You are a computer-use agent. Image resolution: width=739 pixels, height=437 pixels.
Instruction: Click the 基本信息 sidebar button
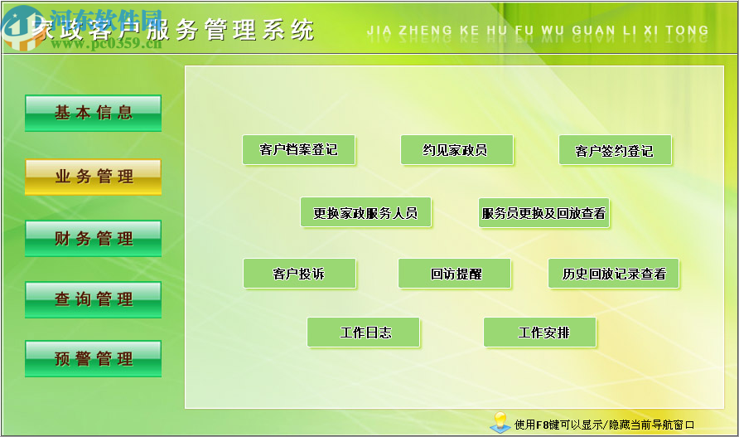[93, 113]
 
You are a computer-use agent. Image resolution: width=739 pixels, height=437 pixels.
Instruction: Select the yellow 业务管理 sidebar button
[93, 177]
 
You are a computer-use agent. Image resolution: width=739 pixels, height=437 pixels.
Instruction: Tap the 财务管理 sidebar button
[93, 239]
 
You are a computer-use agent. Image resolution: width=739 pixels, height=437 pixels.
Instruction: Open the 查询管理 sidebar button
[93, 299]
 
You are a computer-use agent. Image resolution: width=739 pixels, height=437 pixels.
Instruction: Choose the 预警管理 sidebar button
[93, 359]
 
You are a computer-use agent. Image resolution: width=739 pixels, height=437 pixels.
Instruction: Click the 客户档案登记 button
[298, 150]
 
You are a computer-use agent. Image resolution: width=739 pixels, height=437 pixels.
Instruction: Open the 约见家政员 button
[456, 150]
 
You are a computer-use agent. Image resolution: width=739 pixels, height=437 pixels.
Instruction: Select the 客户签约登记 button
[614, 151]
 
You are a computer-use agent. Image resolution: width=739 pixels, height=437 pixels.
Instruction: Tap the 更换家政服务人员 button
[365, 213]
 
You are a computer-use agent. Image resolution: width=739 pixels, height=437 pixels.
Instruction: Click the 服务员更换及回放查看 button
[543, 213]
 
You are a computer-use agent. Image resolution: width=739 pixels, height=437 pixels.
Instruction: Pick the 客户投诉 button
[299, 274]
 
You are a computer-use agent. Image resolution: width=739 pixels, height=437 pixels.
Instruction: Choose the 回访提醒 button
[455, 274]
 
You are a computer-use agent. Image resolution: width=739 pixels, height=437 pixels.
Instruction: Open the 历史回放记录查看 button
[613, 274]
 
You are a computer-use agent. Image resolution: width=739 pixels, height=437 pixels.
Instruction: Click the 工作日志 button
[364, 333]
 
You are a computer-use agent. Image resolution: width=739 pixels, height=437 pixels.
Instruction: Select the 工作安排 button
[539, 333]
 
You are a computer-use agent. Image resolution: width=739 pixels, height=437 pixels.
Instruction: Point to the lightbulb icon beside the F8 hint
[499, 421]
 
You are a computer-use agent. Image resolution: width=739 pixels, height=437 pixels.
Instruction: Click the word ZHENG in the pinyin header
[426, 31]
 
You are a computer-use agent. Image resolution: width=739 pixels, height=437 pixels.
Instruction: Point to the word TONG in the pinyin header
[687, 31]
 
